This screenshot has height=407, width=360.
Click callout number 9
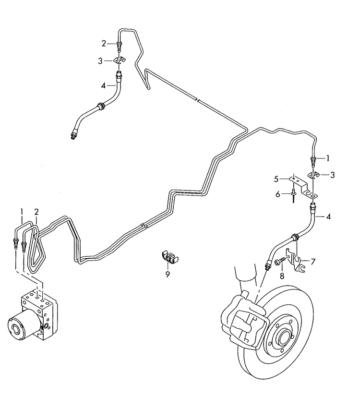pyautogui.click(x=168, y=275)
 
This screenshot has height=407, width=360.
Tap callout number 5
pyautogui.click(x=276, y=179)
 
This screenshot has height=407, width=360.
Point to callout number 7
pyautogui.click(x=313, y=261)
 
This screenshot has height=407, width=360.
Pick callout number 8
pyautogui.click(x=282, y=276)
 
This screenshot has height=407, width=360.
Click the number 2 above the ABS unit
pyautogui.click(x=36, y=212)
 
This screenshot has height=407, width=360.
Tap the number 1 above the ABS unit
pyautogui.click(x=22, y=212)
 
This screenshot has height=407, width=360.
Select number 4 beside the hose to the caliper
pyautogui.click(x=328, y=216)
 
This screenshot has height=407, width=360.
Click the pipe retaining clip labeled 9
pyautogui.click(x=168, y=258)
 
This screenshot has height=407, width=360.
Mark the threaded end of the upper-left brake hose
pyautogui.click(x=72, y=137)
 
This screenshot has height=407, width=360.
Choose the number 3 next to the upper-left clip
pyautogui.click(x=101, y=61)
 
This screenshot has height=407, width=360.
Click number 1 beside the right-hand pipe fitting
pyautogui.click(x=328, y=158)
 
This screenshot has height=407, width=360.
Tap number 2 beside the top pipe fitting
pyautogui.click(x=104, y=43)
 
